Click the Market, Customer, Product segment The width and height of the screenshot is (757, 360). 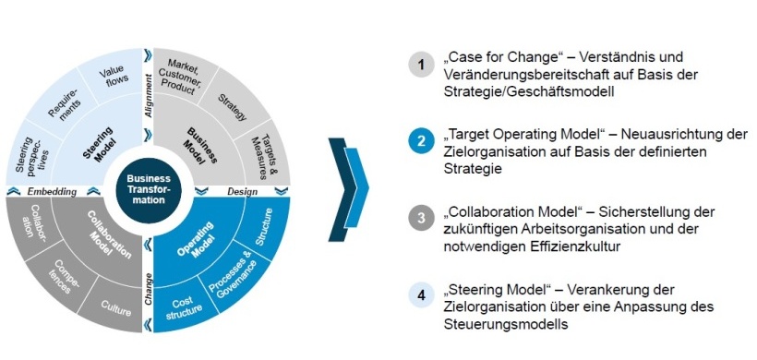[x=184, y=72]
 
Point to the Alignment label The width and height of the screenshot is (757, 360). [x=148, y=94]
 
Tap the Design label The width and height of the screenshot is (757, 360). [x=242, y=191]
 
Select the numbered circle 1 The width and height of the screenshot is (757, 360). [x=421, y=66]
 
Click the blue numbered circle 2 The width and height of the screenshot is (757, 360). [x=421, y=142]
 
